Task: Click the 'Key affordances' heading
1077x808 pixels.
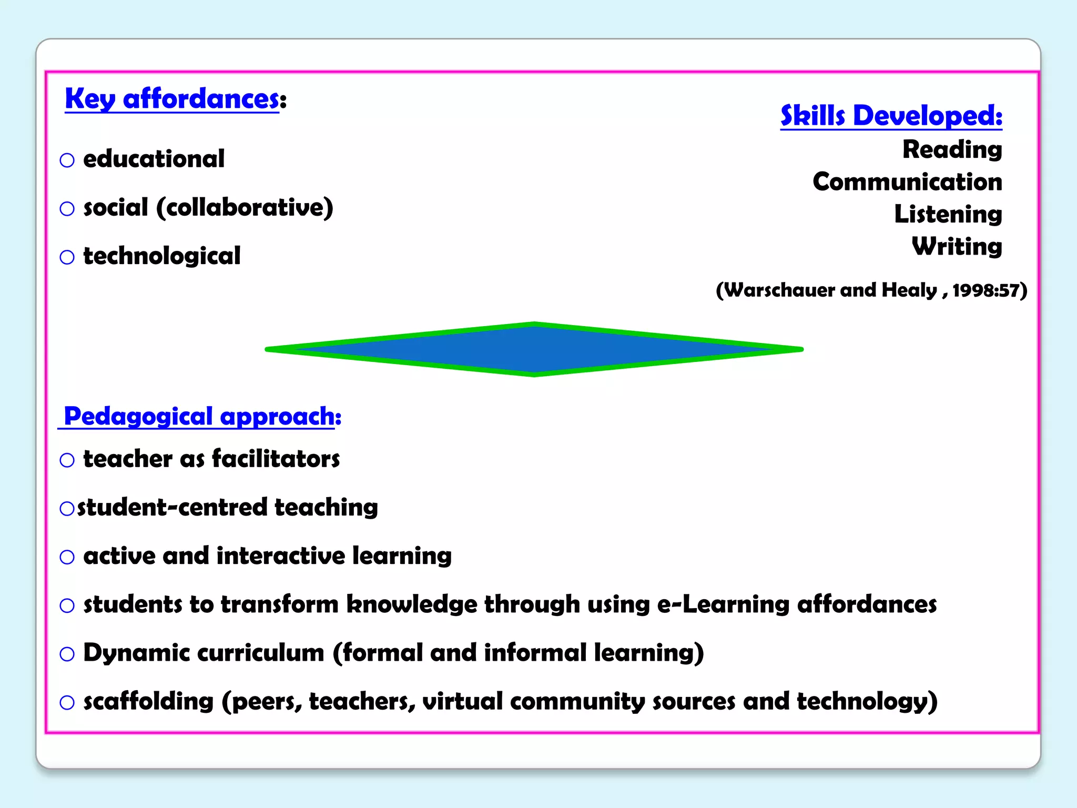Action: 172,99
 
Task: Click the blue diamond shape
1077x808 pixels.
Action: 534,349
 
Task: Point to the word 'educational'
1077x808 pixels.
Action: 154,159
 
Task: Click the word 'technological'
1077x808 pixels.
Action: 162,256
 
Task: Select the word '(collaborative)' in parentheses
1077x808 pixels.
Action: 245,208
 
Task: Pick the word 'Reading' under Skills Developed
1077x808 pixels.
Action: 952,149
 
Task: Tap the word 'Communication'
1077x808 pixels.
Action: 907,182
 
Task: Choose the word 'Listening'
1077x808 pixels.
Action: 948,214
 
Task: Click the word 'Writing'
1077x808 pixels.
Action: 957,246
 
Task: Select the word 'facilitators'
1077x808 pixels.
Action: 276,459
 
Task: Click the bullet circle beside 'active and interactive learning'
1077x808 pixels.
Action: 67,557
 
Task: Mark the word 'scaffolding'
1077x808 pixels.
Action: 148,701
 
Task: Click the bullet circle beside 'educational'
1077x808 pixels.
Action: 67,160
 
